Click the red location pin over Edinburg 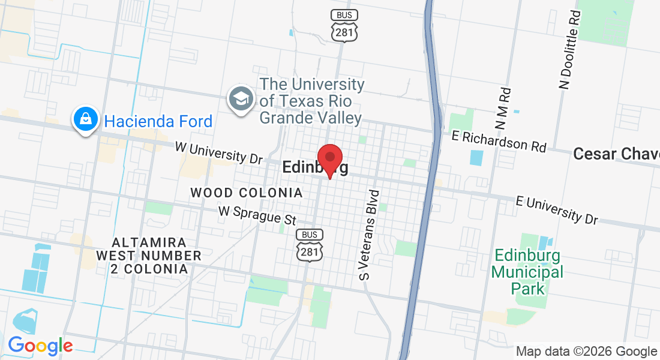(x=329, y=159)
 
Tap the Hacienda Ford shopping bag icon (x=86, y=119)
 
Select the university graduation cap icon (x=241, y=100)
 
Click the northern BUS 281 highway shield (x=344, y=25)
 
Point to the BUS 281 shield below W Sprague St (x=310, y=245)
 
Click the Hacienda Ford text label (x=158, y=122)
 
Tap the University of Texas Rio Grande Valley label (x=311, y=101)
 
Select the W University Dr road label (x=219, y=152)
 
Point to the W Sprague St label (x=258, y=215)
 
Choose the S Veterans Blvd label (x=370, y=235)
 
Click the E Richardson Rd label (x=499, y=141)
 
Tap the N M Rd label (x=503, y=109)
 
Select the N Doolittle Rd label (x=570, y=49)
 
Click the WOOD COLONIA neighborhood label (x=246, y=193)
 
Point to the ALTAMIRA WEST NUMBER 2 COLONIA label (x=149, y=256)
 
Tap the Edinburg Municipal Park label (x=527, y=272)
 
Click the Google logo (x=40, y=346)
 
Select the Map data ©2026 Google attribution (x=586, y=352)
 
